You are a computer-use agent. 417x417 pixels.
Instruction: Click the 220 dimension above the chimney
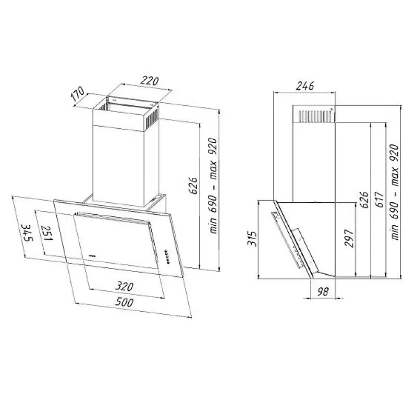click(x=150, y=81)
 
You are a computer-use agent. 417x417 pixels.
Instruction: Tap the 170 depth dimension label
click(x=78, y=94)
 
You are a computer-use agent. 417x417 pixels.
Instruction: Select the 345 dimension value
click(x=27, y=233)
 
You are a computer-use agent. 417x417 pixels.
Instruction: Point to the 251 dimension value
click(x=46, y=233)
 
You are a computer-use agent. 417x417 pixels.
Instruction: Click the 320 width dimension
click(x=124, y=286)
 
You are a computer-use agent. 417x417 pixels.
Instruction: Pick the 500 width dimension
click(x=124, y=302)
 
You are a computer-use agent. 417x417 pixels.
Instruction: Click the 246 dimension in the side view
click(x=305, y=86)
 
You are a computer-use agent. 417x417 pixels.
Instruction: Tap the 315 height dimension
click(x=252, y=239)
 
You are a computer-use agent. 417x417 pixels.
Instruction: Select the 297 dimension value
click(x=349, y=239)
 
